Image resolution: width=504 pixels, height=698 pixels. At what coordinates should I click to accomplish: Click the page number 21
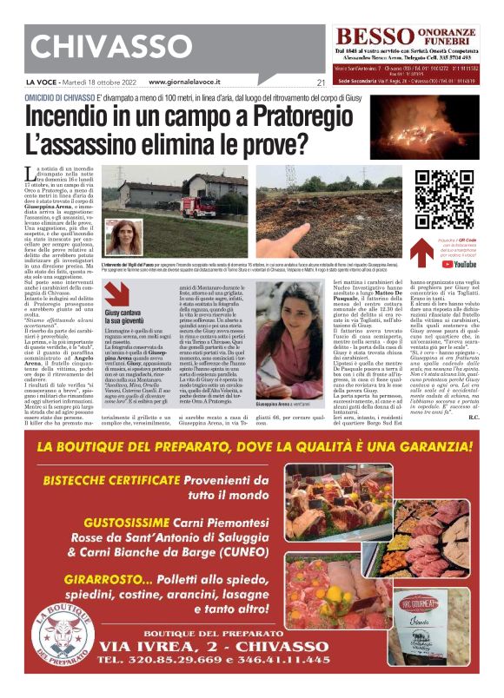tap(320, 83)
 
